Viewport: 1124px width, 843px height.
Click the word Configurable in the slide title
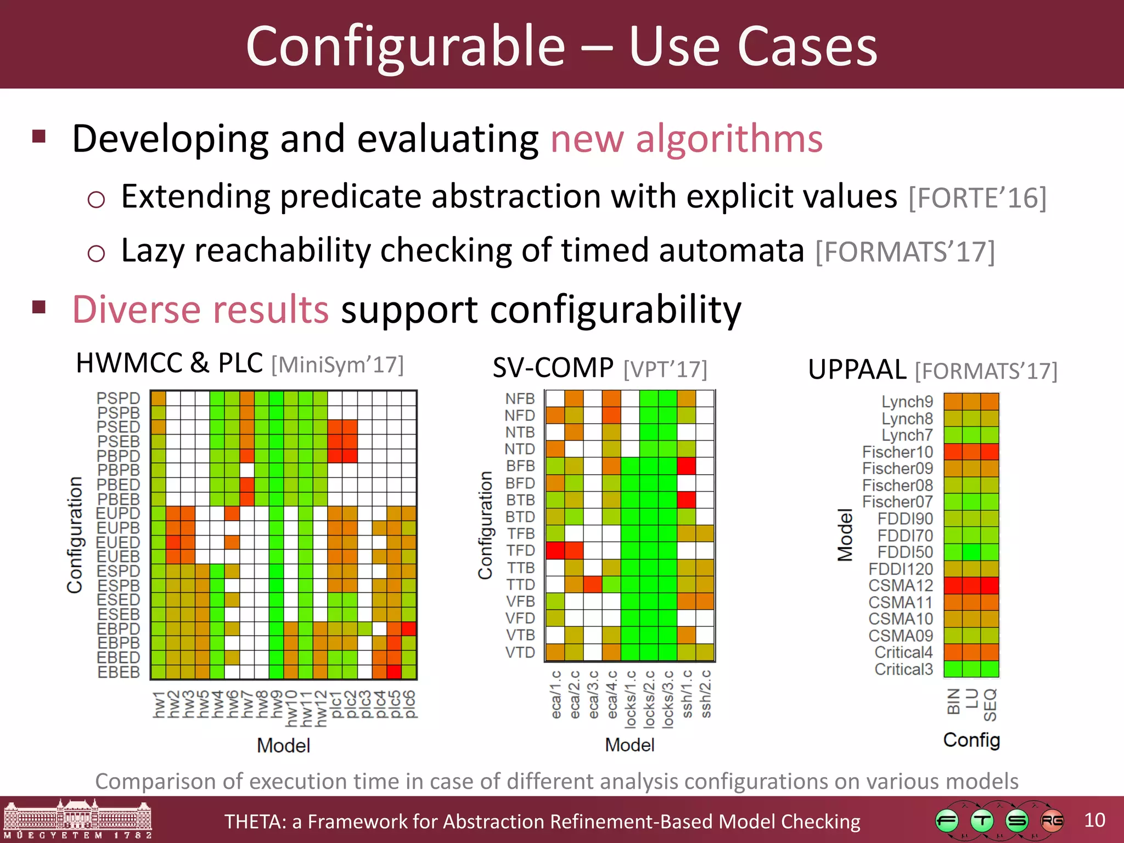pos(405,47)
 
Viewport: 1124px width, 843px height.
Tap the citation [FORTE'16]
pos(977,198)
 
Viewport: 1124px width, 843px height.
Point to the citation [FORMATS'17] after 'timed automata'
pos(905,252)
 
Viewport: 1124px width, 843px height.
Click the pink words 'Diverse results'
pos(200,310)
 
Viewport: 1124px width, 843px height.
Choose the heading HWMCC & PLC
pos(169,363)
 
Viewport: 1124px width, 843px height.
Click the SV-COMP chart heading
pos(553,368)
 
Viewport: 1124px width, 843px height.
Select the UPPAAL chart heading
pos(857,369)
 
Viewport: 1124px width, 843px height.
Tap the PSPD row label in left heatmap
pos(118,398)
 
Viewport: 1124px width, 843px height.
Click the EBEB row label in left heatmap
pos(119,672)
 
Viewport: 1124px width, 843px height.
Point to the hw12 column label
pos(321,708)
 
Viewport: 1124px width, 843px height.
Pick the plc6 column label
pos(409,705)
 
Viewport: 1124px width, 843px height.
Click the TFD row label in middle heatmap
pos(520,550)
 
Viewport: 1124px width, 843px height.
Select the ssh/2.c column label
pos(706,694)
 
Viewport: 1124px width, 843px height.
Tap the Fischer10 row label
pos(897,452)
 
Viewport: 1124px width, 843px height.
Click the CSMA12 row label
pos(901,585)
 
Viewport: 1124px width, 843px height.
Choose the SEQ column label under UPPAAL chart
pos(990,705)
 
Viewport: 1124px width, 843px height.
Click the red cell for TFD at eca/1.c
pos(555,550)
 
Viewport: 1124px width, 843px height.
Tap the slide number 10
pos(1094,820)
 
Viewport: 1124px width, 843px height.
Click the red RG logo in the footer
pos(1052,821)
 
